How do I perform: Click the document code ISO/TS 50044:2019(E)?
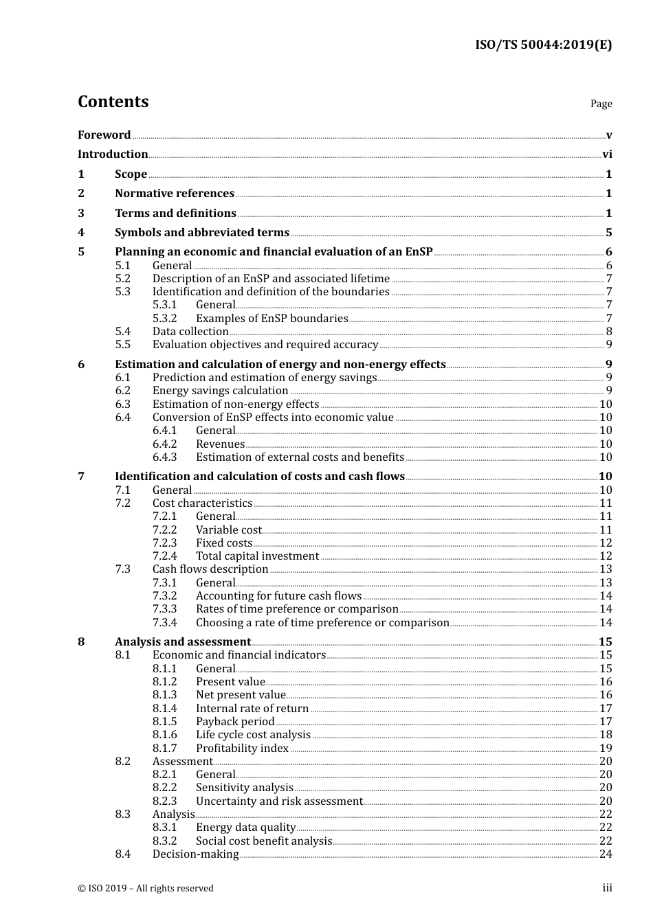tap(543, 45)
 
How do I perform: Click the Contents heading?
tap(113, 102)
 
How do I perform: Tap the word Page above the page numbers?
tap(601, 104)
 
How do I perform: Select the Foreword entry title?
tap(104, 135)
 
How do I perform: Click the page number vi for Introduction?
tap(607, 155)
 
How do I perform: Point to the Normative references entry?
tap(175, 194)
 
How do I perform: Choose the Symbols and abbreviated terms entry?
tap(201, 233)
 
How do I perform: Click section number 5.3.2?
tap(164, 319)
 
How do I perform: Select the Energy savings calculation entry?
tap(220, 391)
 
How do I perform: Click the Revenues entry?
tap(220, 444)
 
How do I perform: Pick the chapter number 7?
tap(81, 477)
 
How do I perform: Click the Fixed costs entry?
tap(224, 543)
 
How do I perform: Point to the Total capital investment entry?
tap(257, 556)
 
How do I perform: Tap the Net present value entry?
tap(241, 695)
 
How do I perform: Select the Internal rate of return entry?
tap(252, 709)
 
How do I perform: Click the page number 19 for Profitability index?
tap(606, 749)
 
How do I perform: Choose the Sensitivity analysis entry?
tap(244, 788)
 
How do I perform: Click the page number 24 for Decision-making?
tap(606, 854)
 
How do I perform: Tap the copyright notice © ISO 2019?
tap(146, 889)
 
